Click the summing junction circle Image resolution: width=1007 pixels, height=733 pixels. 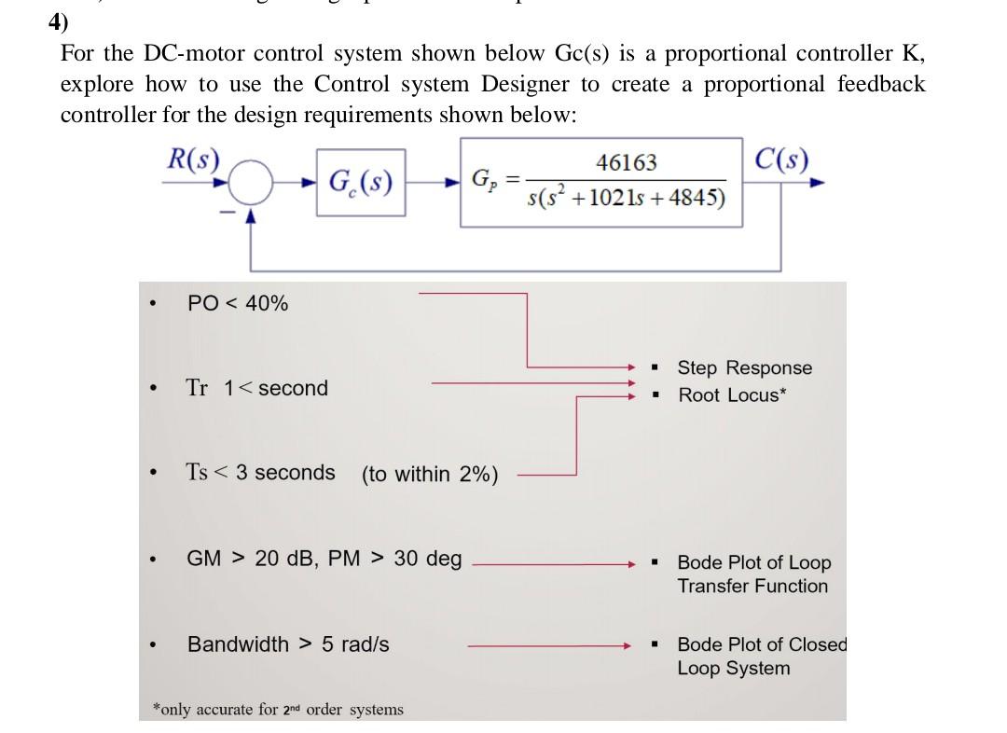pos(250,184)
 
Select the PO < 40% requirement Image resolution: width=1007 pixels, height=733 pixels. pos(238,303)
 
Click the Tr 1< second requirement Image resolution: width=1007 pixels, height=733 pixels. pos(256,388)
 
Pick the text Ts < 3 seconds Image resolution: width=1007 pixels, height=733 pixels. pos(260,473)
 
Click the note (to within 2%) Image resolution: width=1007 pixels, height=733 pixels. pos(430,475)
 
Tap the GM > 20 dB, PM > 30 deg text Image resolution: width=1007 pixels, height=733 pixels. pos(324,559)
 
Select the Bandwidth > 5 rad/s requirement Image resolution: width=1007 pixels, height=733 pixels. pos(288,644)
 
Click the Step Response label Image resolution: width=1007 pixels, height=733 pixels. pos(744,368)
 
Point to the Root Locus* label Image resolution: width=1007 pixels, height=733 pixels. pos(732,395)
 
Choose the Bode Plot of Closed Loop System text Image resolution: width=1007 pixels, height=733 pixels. pos(760,657)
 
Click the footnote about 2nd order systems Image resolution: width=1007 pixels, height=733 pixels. pos(278,710)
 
